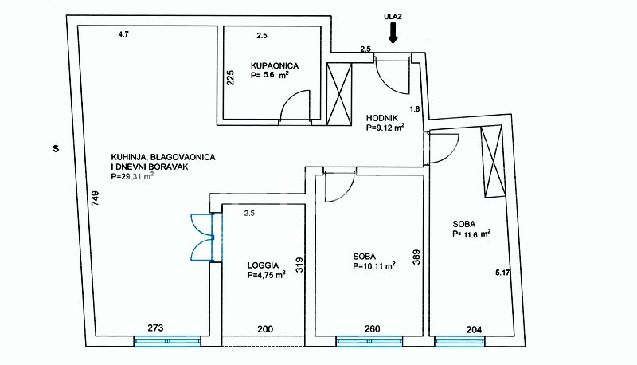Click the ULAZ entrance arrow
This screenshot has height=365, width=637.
393,33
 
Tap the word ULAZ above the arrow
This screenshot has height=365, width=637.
393,17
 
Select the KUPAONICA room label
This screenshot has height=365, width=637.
275,66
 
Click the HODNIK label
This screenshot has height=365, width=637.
382,118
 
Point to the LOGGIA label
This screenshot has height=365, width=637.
263,265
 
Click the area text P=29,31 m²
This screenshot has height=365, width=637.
132,176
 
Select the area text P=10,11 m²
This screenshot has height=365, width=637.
374,266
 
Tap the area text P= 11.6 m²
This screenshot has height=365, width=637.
471,234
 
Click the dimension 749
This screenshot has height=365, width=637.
96,198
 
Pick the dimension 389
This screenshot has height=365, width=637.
416,257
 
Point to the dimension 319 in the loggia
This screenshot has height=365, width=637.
299,265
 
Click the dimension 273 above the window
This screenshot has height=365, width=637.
155,328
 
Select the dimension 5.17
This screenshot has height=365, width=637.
502,273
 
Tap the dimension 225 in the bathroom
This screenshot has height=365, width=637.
230,78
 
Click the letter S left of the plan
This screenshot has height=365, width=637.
56,149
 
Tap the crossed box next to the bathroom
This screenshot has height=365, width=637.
339,94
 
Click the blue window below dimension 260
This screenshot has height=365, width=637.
369,341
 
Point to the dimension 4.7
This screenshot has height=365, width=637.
123,34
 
